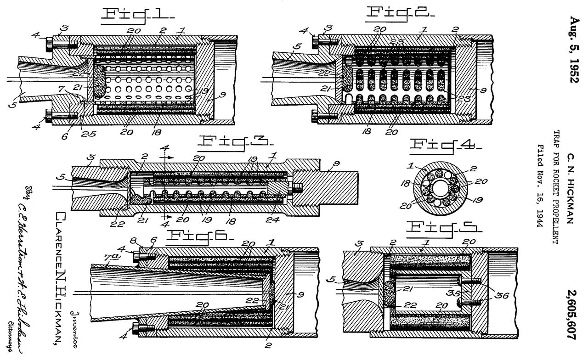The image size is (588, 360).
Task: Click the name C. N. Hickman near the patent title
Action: coord(571,189)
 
